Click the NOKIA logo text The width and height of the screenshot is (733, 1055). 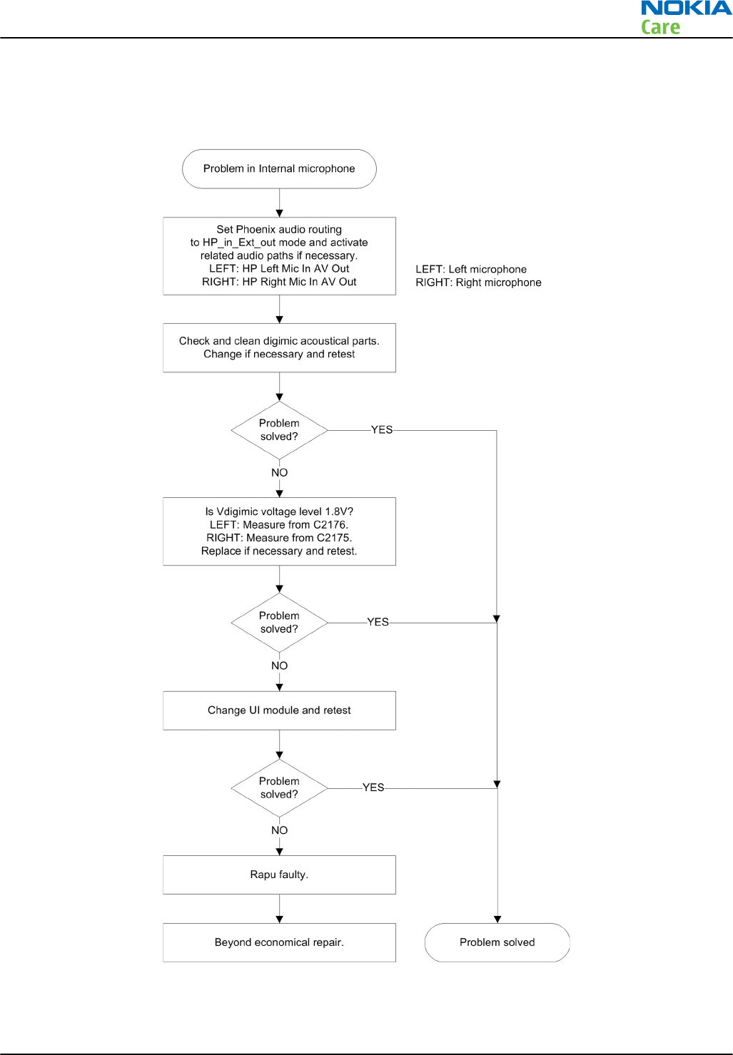click(687, 8)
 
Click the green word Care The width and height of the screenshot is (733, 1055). click(660, 27)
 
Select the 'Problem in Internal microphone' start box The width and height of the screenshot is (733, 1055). click(279, 168)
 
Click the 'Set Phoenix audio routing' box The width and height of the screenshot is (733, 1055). click(279, 256)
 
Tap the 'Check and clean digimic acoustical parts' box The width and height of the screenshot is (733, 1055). click(279, 347)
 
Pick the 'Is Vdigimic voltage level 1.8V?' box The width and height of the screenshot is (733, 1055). click(279, 531)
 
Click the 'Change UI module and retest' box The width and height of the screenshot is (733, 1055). click(279, 710)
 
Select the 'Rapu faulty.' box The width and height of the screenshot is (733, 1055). click(279, 875)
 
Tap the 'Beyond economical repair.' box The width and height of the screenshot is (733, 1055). click(279, 942)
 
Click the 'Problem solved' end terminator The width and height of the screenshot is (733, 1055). click(497, 942)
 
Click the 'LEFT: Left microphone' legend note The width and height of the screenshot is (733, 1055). click(471, 270)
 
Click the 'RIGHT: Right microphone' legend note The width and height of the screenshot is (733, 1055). click(478, 282)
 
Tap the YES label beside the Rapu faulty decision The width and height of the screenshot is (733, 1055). click(373, 788)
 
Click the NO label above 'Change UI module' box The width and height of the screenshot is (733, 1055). click(279, 666)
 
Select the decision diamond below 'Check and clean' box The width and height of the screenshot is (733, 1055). click(279, 430)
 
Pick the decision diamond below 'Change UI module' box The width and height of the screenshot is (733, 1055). click(279, 788)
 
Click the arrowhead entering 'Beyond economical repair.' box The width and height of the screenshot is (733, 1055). click(279, 919)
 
